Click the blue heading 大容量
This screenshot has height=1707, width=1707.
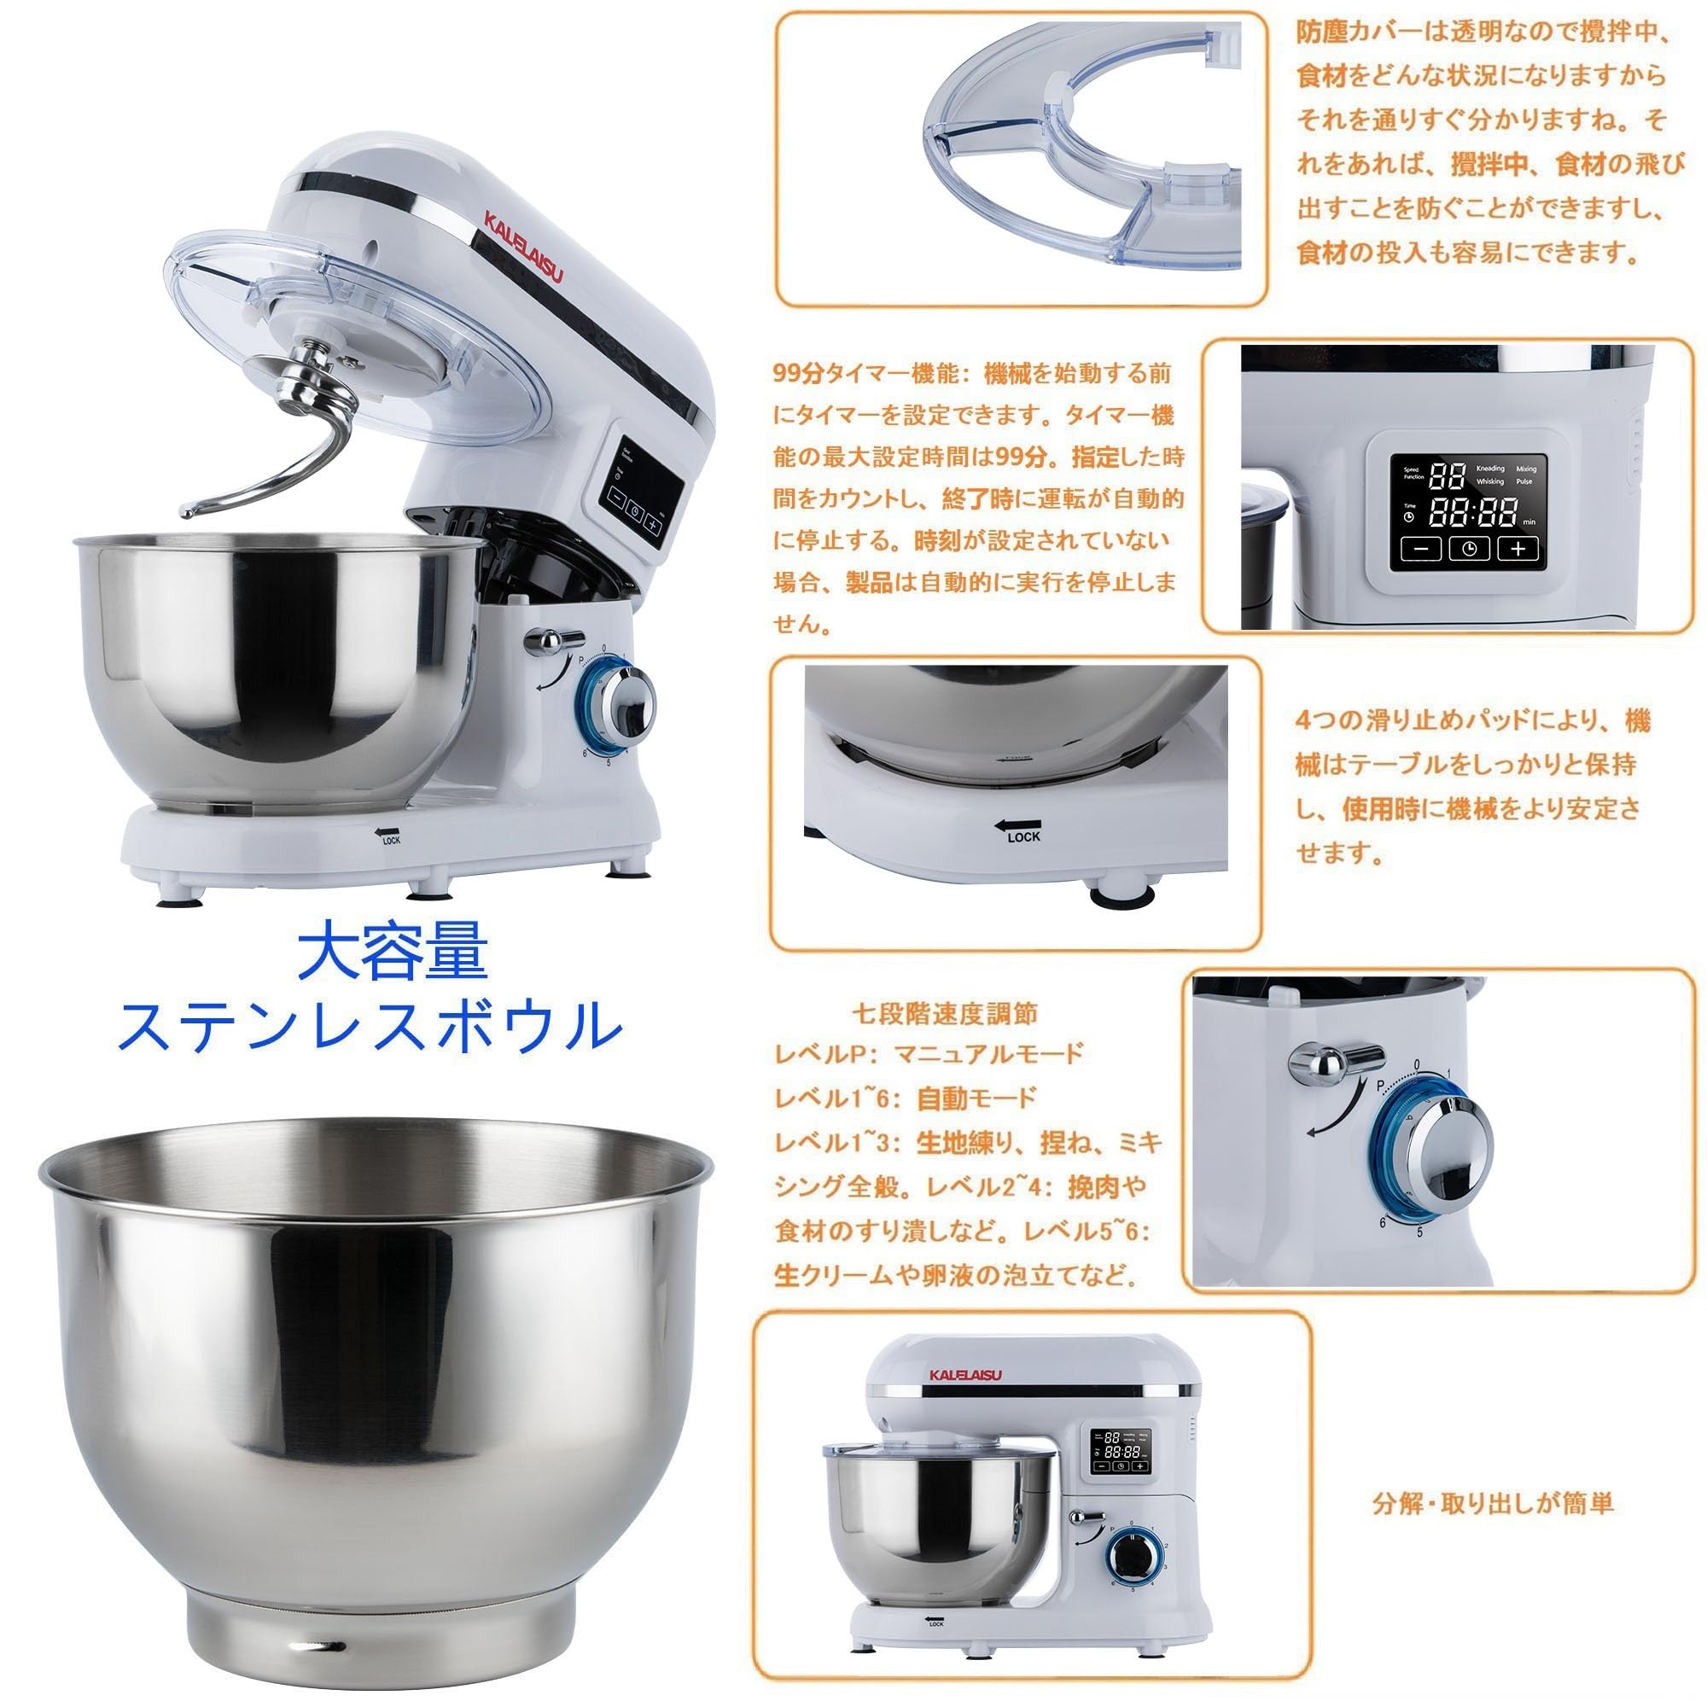tap(392, 952)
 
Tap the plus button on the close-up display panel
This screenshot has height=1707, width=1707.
tap(1517, 549)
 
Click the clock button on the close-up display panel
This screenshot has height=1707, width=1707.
tap(1468, 549)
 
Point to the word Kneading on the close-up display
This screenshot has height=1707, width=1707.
tap(1489, 469)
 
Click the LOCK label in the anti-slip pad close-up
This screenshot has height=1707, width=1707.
tap(1023, 836)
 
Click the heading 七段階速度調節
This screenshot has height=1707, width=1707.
tap(947, 1013)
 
